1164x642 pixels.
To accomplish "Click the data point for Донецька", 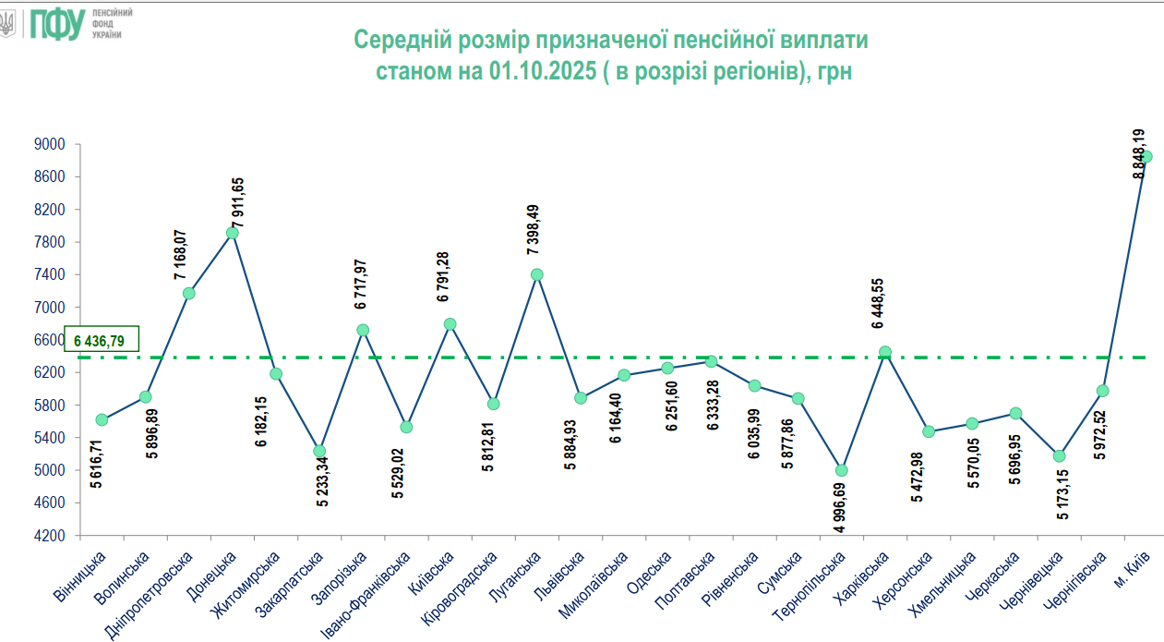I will pyautogui.click(x=233, y=233).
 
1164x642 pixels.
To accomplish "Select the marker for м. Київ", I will pyautogui.click(x=1146, y=156).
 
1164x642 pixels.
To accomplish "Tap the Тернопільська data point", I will pyautogui.click(x=841, y=470).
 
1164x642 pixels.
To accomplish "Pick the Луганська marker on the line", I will pyautogui.click(x=537, y=274).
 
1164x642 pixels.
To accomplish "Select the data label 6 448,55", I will pyautogui.click(x=877, y=305).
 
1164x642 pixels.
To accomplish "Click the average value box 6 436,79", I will pyautogui.click(x=102, y=341).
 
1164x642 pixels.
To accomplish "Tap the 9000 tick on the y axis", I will pyautogui.click(x=52, y=145).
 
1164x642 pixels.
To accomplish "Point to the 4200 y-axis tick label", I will pyautogui.click(x=52, y=536).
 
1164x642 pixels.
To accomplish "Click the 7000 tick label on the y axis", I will pyautogui.click(x=52, y=308).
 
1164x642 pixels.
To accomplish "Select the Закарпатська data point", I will pyautogui.click(x=319, y=451).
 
